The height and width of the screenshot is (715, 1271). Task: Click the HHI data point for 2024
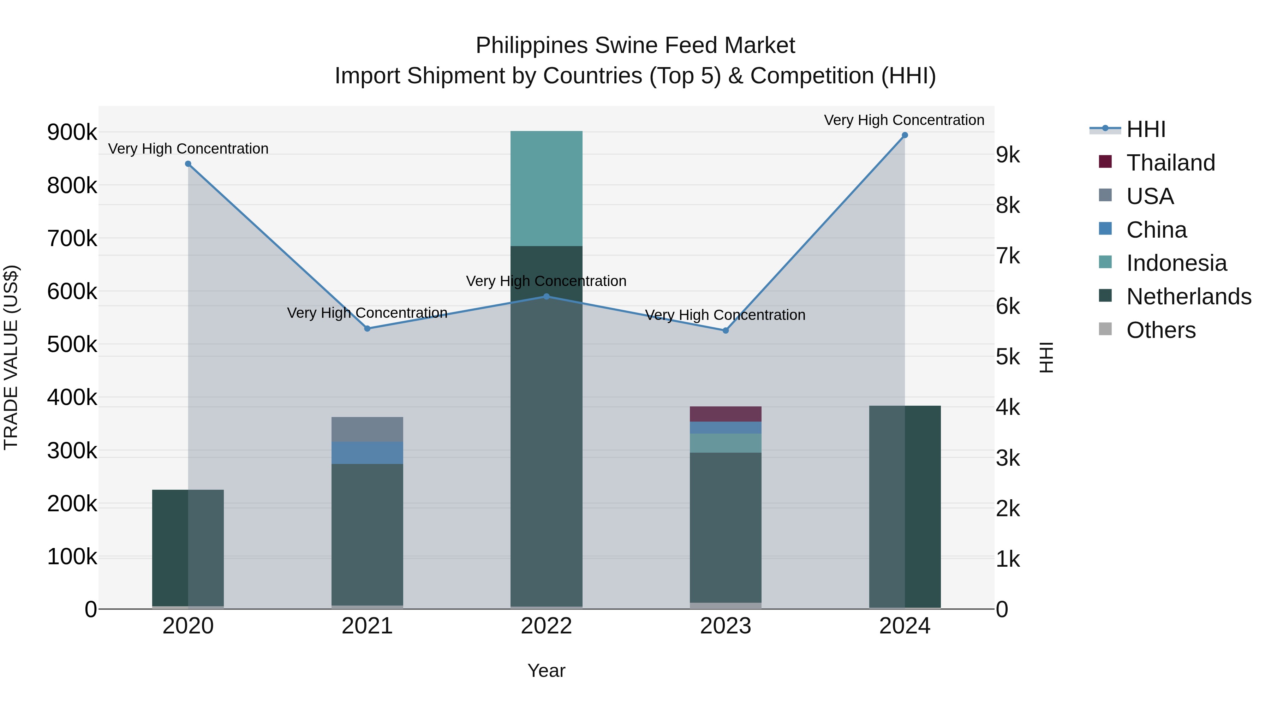[905, 135]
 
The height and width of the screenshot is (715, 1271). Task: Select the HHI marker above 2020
[188, 164]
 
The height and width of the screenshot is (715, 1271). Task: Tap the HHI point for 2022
[546, 297]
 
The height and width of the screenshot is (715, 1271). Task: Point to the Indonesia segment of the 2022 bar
[546, 189]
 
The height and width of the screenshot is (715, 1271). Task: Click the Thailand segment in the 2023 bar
[725, 414]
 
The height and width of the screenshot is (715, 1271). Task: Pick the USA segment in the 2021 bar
[367, 429]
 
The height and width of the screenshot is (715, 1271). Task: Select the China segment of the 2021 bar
[367, 453]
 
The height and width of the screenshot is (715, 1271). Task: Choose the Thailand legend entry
[1170, 163]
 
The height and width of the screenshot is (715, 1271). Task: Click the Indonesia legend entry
[1176, 263]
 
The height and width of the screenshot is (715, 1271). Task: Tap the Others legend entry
[1160, 330]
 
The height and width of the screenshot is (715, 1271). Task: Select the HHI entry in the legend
[1146, 129]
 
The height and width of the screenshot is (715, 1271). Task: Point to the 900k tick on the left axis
[72, 132]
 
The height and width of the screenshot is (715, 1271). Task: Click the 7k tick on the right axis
[1008, 256]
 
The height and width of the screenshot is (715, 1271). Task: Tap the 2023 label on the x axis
[725, 626]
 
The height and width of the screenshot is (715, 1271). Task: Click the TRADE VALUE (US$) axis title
[11, 357]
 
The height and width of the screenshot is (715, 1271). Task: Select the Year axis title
[546, 671]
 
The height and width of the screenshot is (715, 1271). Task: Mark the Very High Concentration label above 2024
[904, 120]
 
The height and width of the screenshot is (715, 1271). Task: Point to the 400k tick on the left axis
[72, 397]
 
